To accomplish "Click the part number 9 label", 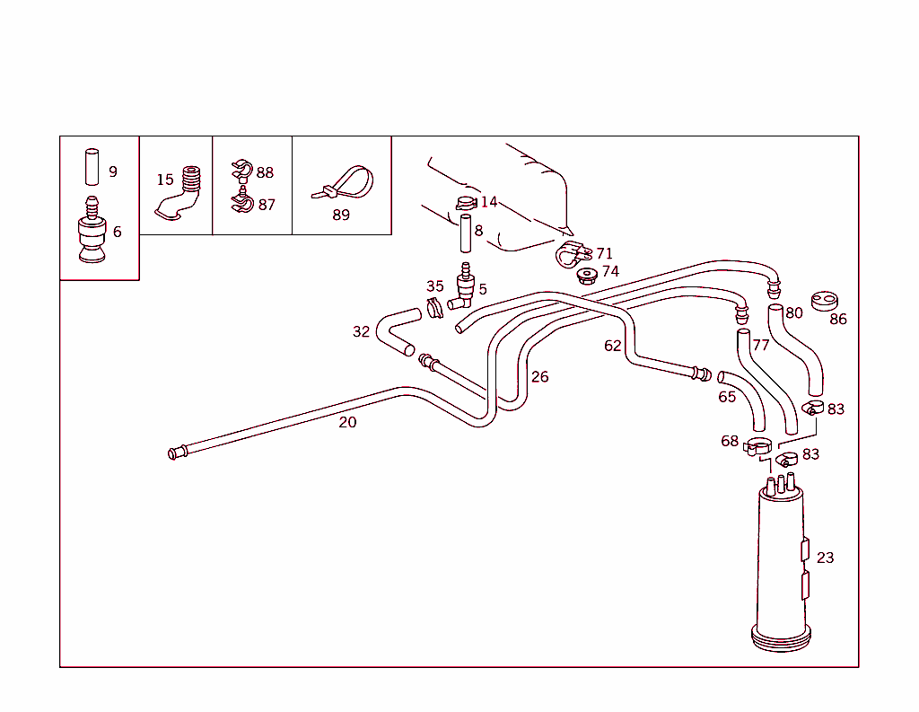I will pyautogui.click(x=113, y=171).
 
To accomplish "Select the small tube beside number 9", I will pyautogui.click(x=92, y=166).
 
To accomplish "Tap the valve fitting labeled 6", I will pyautogui.click(x=92, y=234).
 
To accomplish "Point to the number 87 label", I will pyautogui.click(x=267, y=205).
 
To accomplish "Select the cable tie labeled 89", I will pyautogui.click(x=346, y=183).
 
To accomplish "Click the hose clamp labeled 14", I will pyautogui.click(x=464, y=203).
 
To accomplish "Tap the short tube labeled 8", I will pyautogui.click(x=466, y=233).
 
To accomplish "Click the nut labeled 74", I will pyautogui.click(x=587, y=274).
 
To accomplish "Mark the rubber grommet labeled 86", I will pyautogui.click(x=823, y=301).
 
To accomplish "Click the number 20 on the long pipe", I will pyautogui.click(x=347, y=422).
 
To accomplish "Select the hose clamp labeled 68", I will pyautogui.click(x=759, y=446).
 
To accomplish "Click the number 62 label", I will pyautogui.click(x=613, y=346).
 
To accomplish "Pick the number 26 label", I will pyautogui.click(x=539, y=376).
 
